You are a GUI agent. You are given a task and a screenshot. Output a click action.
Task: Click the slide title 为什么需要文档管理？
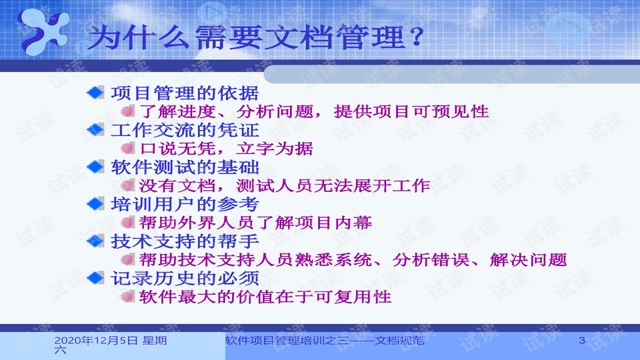pyautogui.click(x=256, y=37)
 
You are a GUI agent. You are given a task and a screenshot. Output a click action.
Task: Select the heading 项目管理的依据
pyautogui.click(x=185, y=93)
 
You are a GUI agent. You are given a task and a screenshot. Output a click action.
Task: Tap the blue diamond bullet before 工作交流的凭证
pyautogui.click(x=95, y=130)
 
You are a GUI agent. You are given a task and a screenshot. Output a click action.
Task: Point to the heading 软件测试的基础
pyautogui.click(x=185, y=167)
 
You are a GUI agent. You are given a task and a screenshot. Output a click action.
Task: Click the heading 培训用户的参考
pyautogui.click(x=185, y=205)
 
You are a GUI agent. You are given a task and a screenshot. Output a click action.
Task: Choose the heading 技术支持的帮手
pyautogui.click(x=185, y=241)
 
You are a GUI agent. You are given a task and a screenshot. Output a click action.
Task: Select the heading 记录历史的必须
pyautogui.click(x=185, y=279)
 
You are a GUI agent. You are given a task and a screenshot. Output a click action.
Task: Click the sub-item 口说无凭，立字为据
pyautogui.click(x=227, y=149)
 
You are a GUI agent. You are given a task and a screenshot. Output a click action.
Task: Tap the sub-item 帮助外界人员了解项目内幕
pyautogui.click(x=256, y=223)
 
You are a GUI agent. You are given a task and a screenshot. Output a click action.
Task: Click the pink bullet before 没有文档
pyautogui.click(x=128, y=186)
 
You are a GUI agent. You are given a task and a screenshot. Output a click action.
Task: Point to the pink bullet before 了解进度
pyautogui.click(x=128, y=111)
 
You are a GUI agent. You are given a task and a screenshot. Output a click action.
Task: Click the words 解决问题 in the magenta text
pyautogui.click(x=529, y=259)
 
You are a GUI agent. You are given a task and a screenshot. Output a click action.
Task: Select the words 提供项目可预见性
pyautogui.click(x=411, y=111)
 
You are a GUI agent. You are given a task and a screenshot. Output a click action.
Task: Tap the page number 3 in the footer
pyautogui.click(x=582, y=340)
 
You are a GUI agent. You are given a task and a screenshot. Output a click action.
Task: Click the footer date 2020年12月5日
pyautogui.click(x=96, y=341)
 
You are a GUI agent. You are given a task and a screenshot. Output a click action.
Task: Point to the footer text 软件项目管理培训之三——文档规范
pyautogui.click(x=325, y=341)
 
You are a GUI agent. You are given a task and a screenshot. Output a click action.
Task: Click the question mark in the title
pyautogui.click(x=416, y=37)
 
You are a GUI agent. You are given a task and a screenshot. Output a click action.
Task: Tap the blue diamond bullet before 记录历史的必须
pyautogui.click(x=95, y=279)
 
